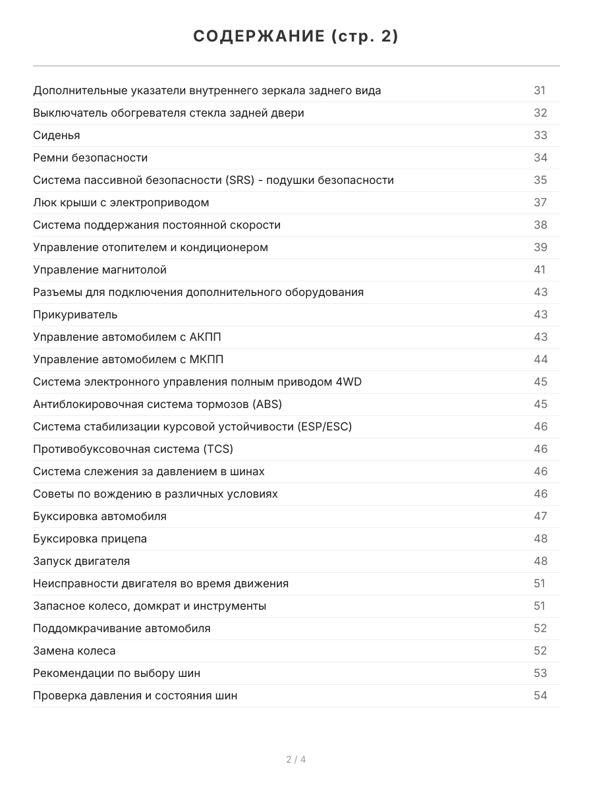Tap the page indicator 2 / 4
pos(296,759)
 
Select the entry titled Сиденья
pos(57,135)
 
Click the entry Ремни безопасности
pos(90,158)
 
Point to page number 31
pos(540,90)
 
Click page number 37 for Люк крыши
pos(540,202)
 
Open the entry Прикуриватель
pos(75,314)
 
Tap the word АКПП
pos(205,337)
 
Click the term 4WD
pos(347,382)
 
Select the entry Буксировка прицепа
pos(90,539)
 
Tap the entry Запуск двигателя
pos(81,561)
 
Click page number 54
pos(540,695)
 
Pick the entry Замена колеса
pos(74,651)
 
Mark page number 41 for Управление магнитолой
pos(540,270)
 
